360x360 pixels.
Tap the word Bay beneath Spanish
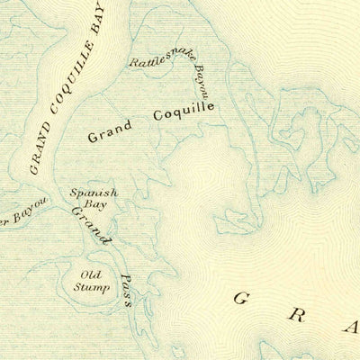coord(94,205)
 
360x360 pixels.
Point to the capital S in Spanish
coord(76,193)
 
